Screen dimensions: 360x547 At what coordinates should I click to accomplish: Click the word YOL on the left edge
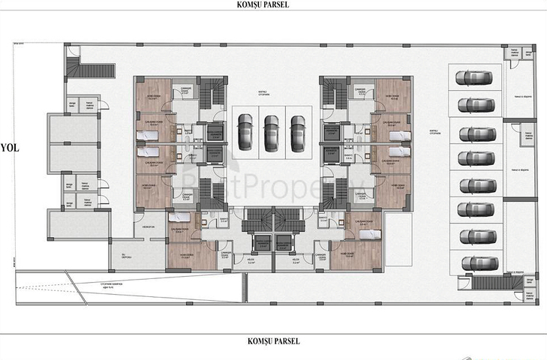10,147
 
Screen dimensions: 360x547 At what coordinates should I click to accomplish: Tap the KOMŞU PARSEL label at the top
273,4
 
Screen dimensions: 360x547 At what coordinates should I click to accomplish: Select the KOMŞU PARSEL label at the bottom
273,341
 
